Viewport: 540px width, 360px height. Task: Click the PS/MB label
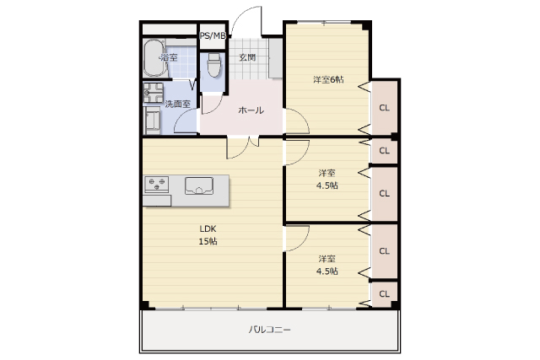coord(213,35)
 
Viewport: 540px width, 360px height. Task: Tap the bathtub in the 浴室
coord(154,58)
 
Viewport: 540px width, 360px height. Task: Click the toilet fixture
coord(213,65)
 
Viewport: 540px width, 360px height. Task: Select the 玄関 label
coord(247,57)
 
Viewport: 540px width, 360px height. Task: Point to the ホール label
coord(251,110)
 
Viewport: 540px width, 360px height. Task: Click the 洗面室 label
coord(177,104)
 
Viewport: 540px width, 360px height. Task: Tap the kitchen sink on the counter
coord(199,185)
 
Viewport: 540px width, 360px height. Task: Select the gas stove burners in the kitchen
coord(157,184)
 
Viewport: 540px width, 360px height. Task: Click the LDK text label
coord(208,228)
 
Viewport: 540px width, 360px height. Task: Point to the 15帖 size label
coord(208,241)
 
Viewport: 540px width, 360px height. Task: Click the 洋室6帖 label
coord(328,79)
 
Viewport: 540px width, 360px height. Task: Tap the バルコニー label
coord(270,330)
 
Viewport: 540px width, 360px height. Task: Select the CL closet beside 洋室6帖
coord(384,108)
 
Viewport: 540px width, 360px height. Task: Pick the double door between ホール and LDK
coord(242,148)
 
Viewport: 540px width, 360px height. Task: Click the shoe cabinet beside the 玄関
coord(276,58)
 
